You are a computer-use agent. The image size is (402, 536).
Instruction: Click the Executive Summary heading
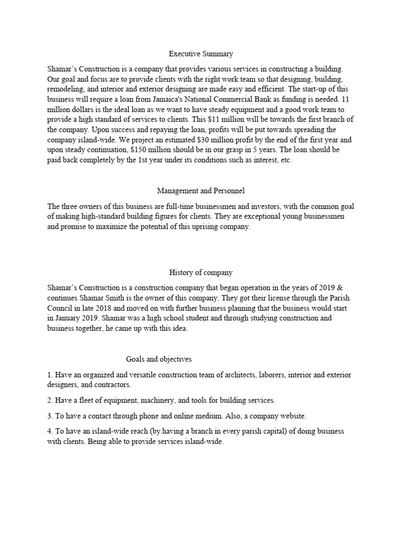pos(200,53)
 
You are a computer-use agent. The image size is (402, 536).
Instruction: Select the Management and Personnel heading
pos(200,191)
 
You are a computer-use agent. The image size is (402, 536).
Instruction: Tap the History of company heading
pos(200,273)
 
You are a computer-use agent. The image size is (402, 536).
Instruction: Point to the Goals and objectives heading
pos(159,359)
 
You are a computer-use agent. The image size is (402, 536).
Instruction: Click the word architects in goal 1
pos(240,375)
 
